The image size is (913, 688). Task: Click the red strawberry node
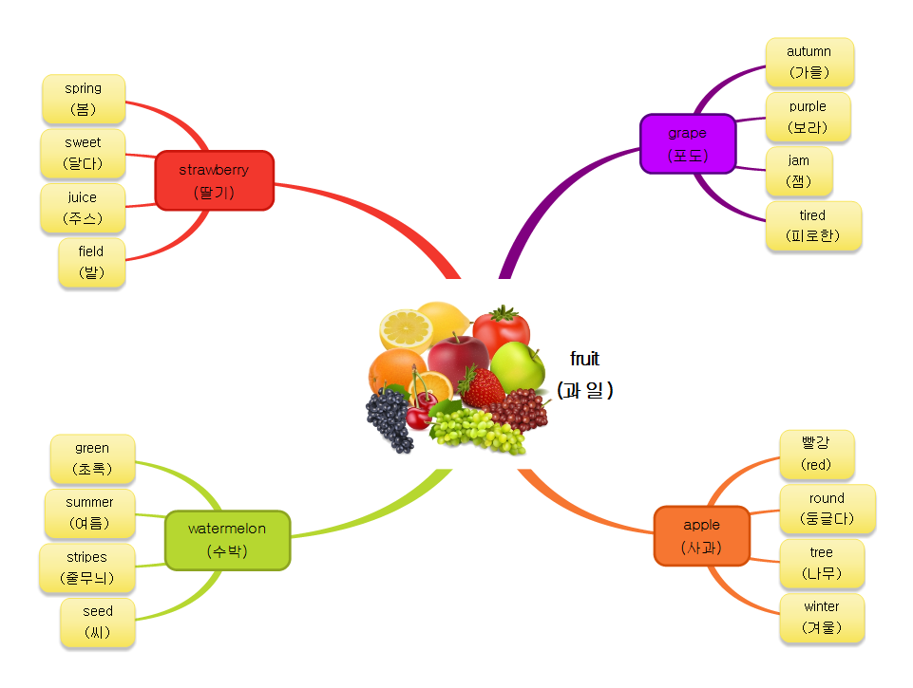click(214, 180)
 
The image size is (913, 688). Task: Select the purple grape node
click(687, 144)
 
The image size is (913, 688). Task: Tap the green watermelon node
click(227, 539)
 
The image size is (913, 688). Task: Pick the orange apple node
click(701, 535)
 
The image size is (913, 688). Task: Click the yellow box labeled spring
click(84, 99)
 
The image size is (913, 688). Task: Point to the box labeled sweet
click(83, 154)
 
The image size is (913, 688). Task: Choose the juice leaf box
click(83, 209)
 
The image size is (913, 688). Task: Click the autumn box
click(808, 62)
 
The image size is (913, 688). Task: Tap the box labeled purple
click(808, 117)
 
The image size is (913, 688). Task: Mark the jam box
click(798, 171)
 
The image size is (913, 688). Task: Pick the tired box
click(812, 226)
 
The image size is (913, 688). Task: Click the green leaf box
click(92, 458)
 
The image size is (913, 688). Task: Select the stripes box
click(87, 567)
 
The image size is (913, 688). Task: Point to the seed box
click(97, 623)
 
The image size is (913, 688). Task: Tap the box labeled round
click(827, 509)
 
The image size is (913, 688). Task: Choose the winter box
click(821, 617)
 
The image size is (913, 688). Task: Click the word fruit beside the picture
click(584, 359)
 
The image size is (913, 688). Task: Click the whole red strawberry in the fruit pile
click(483, 386)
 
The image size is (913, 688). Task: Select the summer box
click(90, 513)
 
